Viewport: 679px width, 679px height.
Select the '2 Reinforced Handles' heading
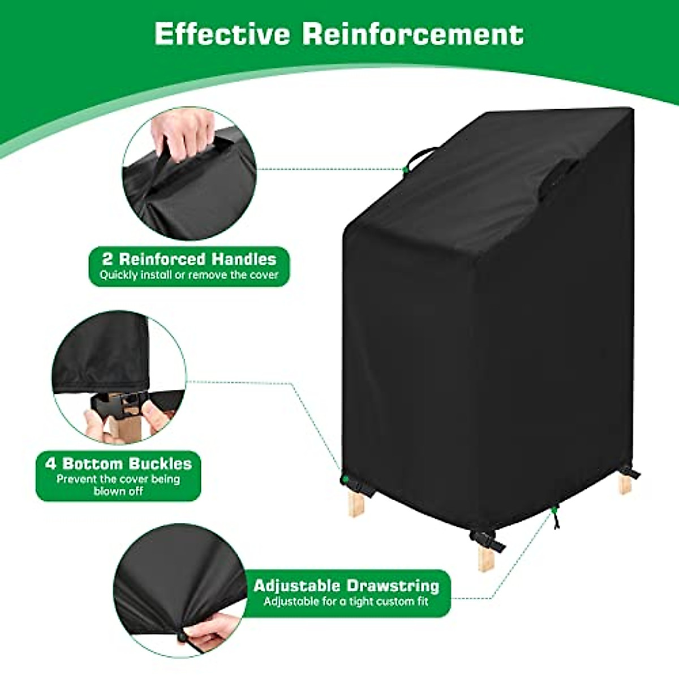pos(189,259)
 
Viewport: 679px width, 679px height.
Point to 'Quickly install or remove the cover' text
pos(189,276)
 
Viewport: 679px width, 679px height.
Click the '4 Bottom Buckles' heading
pos(118,463)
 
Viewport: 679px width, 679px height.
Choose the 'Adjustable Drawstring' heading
pos(346,585)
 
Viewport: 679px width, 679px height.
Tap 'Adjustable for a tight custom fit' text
pos(346,601)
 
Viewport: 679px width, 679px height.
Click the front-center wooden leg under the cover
pos(485,557)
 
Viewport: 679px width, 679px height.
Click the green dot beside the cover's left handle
pos(406,169)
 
